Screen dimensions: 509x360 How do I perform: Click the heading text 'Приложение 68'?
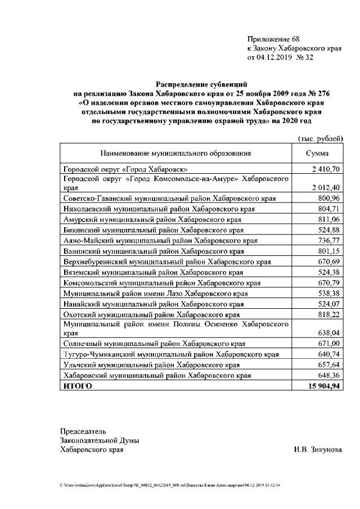(273, 39)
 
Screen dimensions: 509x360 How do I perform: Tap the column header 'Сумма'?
(317, 153)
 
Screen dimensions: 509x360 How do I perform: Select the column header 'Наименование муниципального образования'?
(175, 153)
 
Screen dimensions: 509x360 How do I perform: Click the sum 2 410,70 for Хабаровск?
(326, 169)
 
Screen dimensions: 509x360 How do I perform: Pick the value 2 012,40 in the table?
(326, 188)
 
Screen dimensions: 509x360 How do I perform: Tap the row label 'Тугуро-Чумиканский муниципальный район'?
(171, 354)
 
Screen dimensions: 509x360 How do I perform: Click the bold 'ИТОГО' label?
(78, 386)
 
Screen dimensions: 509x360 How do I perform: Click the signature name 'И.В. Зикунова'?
(317, 450)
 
